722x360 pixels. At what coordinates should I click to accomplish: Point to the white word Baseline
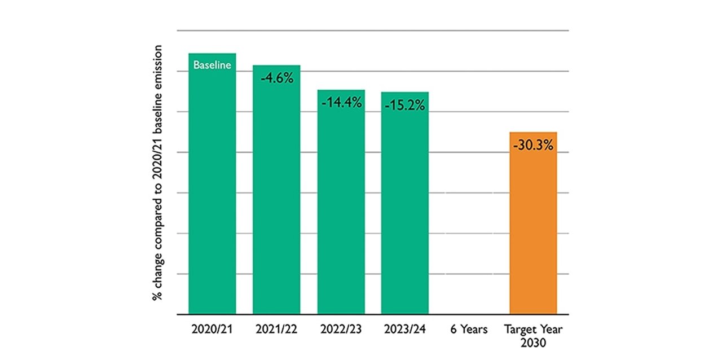click(212, 65)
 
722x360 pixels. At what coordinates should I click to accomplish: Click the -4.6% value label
click(276, 78)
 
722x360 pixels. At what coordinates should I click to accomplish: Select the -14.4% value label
click(341, 103)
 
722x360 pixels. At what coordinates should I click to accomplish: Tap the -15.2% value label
click(405, 105)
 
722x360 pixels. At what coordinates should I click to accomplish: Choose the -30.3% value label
click(533, 146)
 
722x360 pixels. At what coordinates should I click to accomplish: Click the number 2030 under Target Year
click(533, 342)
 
